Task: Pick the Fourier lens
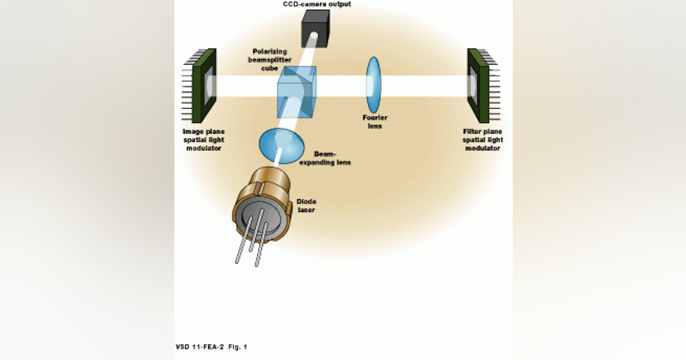pyautogui.click(x=373, y=85)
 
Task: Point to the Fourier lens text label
pyautogui.click(x=375, y=122)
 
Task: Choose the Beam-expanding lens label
pyautogui.click(x=332, y=158)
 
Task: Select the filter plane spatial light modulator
pyautogui.click(x=478, y=85)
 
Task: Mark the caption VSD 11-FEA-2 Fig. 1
pyautogui.click(x=212, y=347)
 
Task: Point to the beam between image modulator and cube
pyautogui.click(x=246, y=86)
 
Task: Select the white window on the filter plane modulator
pyautogui.click(x=472, y=85)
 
